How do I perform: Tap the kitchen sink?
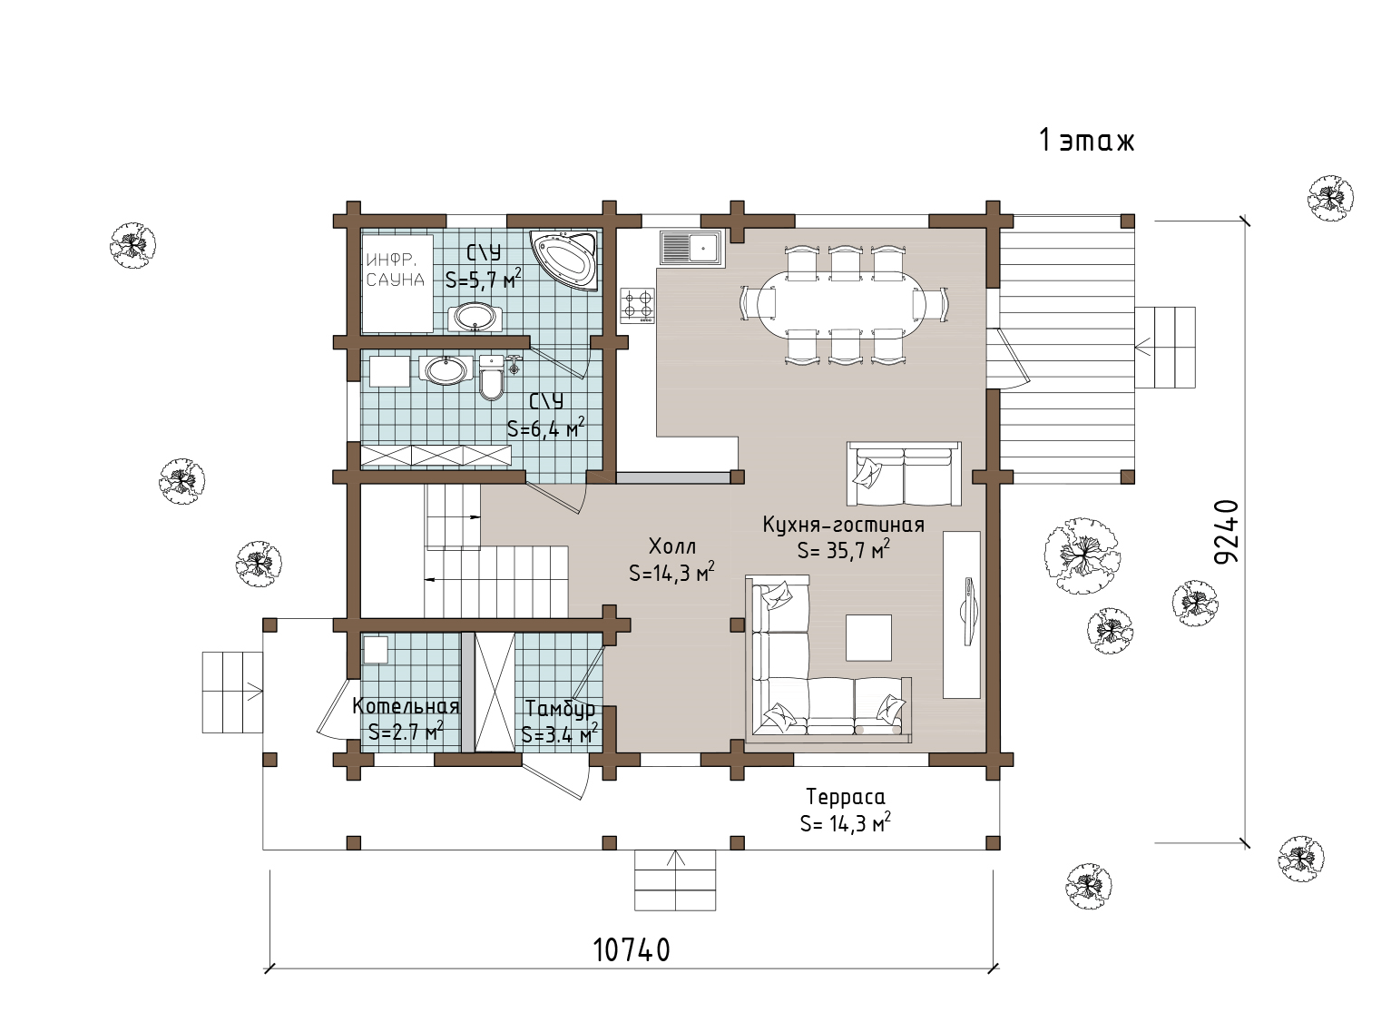pyautogui.click(x=691, y=247)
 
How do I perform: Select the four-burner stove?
pyautogui.click(x=637, y=306)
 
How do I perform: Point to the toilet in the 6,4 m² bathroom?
pyautogui.click(x=491, y=377)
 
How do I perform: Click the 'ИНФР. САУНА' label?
pyautogui.click(x=395, y=270)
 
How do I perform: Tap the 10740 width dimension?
pyautogui.click(x=632, y=949)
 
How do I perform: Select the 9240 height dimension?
pyautogui.click(x=1227, y=532)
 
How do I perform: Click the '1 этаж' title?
pyautogui.click(x=1086, y=140)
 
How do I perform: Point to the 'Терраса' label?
pyautogui.click(x=846, y=797)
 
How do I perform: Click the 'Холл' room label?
pyautogui.click(x=671, y=546)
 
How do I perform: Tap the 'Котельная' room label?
pyautogui.click(x=406, y=706)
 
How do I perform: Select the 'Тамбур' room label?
pyautogui.click(x=560, y=709)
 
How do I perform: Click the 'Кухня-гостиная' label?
pyautogui.click(x=844, y=525)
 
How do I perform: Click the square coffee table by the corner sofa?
pyautogui.click(x=868, y=637)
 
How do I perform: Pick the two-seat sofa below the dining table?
pyautogui.click(x=904, y=474)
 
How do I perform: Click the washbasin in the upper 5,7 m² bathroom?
pyautogui.click(x=474, y=318)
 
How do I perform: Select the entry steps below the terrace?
pyautogui.click(x=675, y=880)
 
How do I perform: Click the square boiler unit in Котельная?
pyautogui.click(x=376, y=650)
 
